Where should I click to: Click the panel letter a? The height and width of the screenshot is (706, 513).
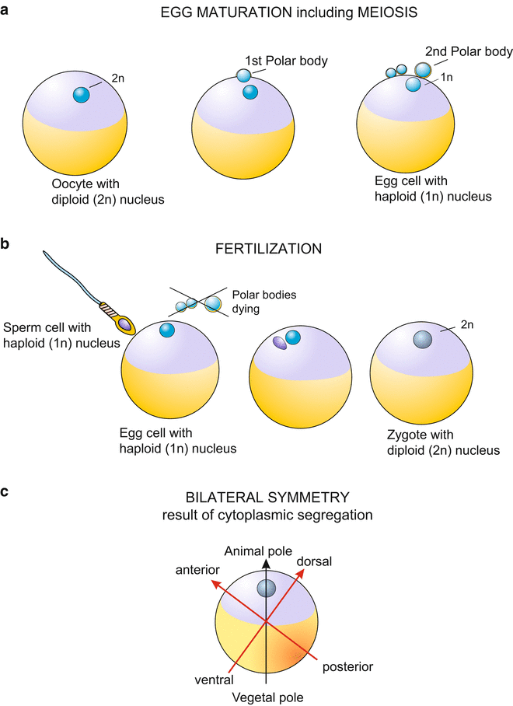(7, 13)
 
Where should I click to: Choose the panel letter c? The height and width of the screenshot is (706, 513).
(7, 492)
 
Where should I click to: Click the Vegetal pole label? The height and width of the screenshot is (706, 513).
(267, 697)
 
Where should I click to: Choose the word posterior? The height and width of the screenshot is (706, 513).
(347, 666)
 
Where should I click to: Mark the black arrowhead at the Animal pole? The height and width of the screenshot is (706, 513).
(266, 564)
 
